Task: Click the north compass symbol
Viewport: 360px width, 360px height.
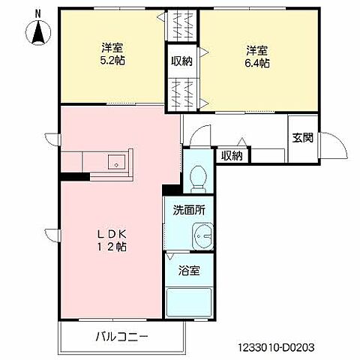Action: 36,31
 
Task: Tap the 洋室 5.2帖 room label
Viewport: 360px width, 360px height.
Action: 113,56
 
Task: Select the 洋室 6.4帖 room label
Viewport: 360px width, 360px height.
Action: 256,56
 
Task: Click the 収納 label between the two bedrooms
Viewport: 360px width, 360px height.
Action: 181,61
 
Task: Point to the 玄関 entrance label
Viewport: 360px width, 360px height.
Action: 304,137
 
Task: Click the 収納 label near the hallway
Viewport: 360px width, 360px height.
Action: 232,155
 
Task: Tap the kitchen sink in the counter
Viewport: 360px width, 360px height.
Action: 115,160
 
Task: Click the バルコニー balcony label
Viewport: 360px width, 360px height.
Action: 121,336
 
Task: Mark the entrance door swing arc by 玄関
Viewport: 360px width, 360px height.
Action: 339,146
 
